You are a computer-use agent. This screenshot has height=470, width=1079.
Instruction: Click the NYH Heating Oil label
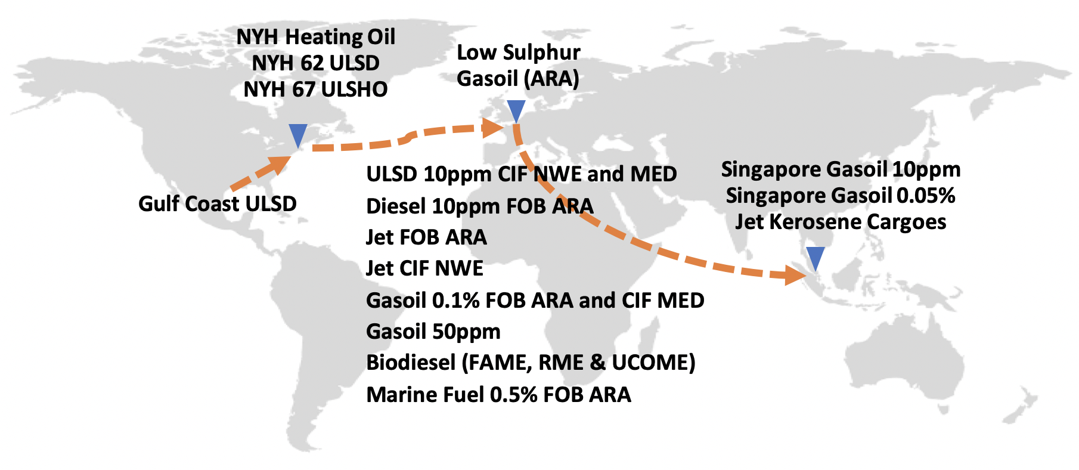point(316,37)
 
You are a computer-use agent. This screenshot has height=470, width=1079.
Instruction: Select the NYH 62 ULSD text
point(316,63)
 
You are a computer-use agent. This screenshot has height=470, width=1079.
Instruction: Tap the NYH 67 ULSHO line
point(316,89)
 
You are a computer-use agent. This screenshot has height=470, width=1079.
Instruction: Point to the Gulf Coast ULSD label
point(218,204)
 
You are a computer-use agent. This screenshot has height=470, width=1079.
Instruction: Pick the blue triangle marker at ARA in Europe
point(516,111)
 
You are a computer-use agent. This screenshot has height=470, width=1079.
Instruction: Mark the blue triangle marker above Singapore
point(816,258)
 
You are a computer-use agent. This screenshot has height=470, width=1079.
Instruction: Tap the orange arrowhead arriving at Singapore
point(796,275)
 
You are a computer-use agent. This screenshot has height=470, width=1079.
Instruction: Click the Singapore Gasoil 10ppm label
point(841,169)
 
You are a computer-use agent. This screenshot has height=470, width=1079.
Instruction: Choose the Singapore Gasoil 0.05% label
point(841,196)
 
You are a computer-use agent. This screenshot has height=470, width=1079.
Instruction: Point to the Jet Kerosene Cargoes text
point(841,222)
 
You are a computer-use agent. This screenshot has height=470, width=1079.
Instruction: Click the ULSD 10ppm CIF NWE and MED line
point(522,174)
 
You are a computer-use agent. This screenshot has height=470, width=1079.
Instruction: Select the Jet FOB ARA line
point(426,237)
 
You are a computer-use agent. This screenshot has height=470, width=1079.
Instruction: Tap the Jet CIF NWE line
point(424,268)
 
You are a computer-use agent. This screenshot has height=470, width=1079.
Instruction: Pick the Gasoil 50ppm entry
point(433,332)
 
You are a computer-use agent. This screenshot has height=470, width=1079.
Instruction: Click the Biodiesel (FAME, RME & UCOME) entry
point(531,363)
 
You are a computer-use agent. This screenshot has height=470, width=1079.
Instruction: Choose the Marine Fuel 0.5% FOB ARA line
point(498,395)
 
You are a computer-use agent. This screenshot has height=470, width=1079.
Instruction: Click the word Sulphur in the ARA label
point(541,52)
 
